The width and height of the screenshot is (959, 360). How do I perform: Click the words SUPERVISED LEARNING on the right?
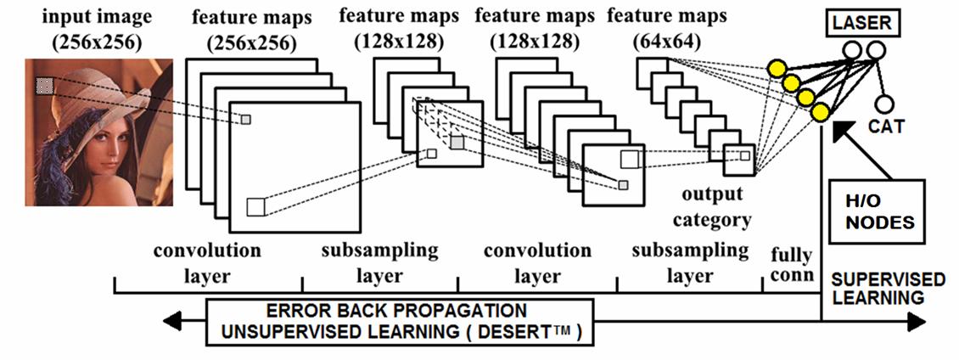[887, 288]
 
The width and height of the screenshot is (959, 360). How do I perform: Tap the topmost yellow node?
[775, 68]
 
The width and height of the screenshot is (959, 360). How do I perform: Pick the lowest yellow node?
[820, 113]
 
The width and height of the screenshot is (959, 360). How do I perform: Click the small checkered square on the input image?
[45, 84]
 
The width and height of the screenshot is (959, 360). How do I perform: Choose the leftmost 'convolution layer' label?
[206, 263]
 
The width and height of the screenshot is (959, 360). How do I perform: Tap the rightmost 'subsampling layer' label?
[691, 263]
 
